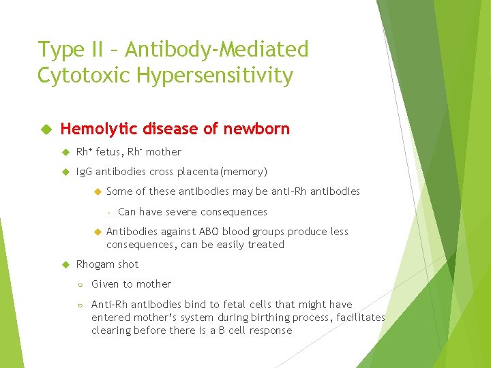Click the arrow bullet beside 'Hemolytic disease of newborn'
[x=46, y=129]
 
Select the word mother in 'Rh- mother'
[x=164, y=152]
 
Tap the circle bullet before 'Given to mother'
[x=80, y=285]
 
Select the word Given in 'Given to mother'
[x=106, y=284]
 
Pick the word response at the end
[x=271, y=331]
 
